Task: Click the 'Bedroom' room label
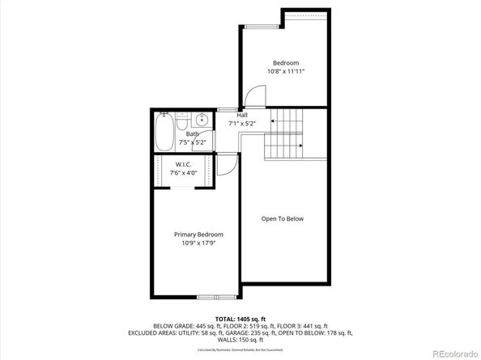tap(285, 63)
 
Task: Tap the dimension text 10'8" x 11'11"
tap(285, 71)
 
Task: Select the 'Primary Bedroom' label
tap(198, 235)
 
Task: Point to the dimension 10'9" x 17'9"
tap(198, 243)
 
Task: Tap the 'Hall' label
tap(242, 116)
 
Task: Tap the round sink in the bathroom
tap(202, 121)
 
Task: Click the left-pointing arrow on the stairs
tap(275, 121)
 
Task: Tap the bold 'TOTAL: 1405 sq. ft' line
tap(240, 319)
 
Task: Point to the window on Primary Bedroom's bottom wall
tap(209, 297)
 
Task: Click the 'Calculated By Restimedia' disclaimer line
tap(240, 349)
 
